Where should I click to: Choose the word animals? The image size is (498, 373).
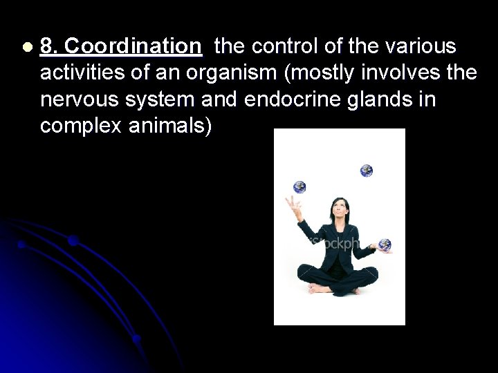click(172, 127)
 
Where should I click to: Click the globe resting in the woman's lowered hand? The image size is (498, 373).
click(385, 244)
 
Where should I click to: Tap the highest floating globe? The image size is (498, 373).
click(366, 170)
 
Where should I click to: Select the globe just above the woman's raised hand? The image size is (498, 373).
click(299, 186)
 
